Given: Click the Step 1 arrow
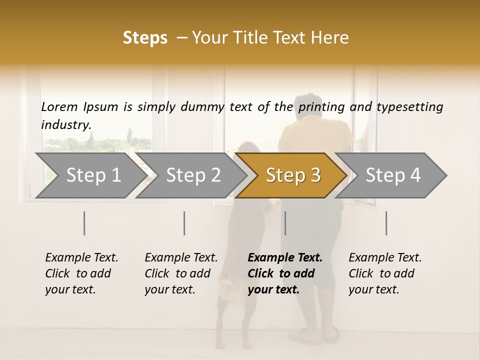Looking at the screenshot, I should (92, 175).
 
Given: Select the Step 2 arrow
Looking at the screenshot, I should (193, 175).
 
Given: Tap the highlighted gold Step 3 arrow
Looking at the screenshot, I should (293, 175).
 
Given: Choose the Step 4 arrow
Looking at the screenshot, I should (393, 175).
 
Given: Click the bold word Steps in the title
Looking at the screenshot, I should (145, 38).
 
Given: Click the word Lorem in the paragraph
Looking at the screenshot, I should (59, 106).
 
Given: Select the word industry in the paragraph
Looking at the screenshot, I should (65, 124).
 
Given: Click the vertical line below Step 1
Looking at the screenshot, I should (84, 223).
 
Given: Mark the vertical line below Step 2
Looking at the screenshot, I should (184, 223).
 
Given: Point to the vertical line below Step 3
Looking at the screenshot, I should (285, 223).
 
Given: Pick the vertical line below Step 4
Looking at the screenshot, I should (386, 223).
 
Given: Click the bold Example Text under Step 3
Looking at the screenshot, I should (285, 257).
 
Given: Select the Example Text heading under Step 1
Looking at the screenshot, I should (81, 257).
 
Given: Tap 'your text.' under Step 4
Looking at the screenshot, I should (374, 289).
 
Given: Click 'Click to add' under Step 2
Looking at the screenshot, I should (177, 273).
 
